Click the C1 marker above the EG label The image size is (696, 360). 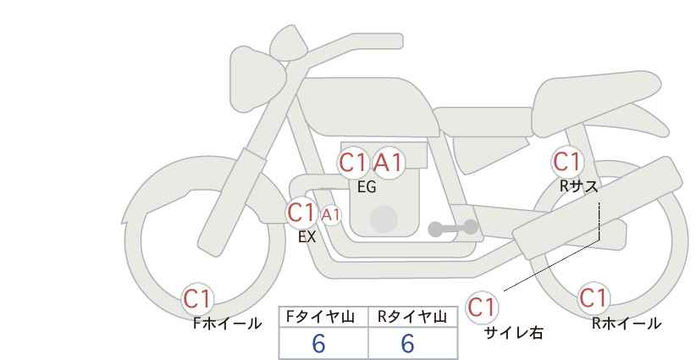[x=353, y=163]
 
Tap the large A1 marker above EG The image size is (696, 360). [x=389, y=163]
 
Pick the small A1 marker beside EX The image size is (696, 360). [x=331, y=215]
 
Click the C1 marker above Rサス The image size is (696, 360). [x=566, y=162]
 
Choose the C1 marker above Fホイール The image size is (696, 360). [x=197, y=299]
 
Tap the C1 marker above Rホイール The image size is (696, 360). [x=594, y=297]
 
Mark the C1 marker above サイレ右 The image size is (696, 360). [x=482, y=307]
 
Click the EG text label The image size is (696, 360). [x=367, y=187]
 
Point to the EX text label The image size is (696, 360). [x=307, y=237]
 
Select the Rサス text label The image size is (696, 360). [x=578, y=186]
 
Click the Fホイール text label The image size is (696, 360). [x=227, y=324]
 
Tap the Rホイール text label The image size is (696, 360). [x=627, y=324]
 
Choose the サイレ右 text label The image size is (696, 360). [x=514, y=333]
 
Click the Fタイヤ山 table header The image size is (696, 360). [x=320, y=317]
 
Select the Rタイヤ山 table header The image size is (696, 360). [x=412, y=317]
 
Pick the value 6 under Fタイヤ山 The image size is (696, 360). [x=318, y=343]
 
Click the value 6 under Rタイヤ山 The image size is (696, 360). [x=407, y=343]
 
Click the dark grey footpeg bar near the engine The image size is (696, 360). [x=453, y=228]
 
